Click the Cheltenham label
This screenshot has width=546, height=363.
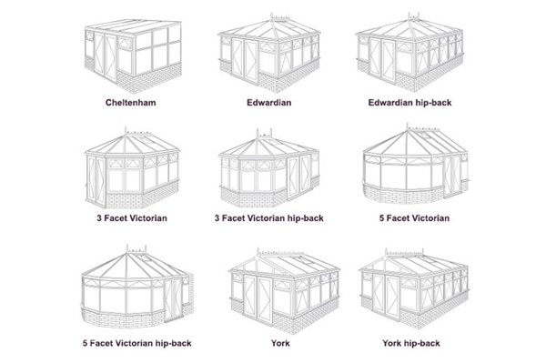pos(130,103)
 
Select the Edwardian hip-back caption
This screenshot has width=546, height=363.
pos(409,103)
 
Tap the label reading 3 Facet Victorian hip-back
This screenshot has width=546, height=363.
pos(268,218)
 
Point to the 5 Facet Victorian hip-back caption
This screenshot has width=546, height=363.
pos(136,343)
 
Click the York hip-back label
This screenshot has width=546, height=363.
pos(411,343)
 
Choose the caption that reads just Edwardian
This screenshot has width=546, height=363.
pos(268,103)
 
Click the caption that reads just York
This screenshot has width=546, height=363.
pos(280,343)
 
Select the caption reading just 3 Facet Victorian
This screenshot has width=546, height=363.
pos(132,218)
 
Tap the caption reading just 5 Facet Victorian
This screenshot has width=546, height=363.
pos(414,218)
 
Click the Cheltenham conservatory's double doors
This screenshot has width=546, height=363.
pos(105,57)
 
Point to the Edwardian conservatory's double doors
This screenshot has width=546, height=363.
pos(245,61)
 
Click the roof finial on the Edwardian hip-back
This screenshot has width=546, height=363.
pos(413,16)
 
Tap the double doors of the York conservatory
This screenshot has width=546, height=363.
pos(258,299)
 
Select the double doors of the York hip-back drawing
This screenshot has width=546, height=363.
pos(386,297)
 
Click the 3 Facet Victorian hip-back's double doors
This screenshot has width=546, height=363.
pos(298,176)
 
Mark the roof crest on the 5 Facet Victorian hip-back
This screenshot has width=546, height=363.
pos(136,249)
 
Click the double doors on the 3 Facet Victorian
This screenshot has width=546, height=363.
pos(96,180)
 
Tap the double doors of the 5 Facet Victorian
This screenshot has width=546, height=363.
pos(452,175)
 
